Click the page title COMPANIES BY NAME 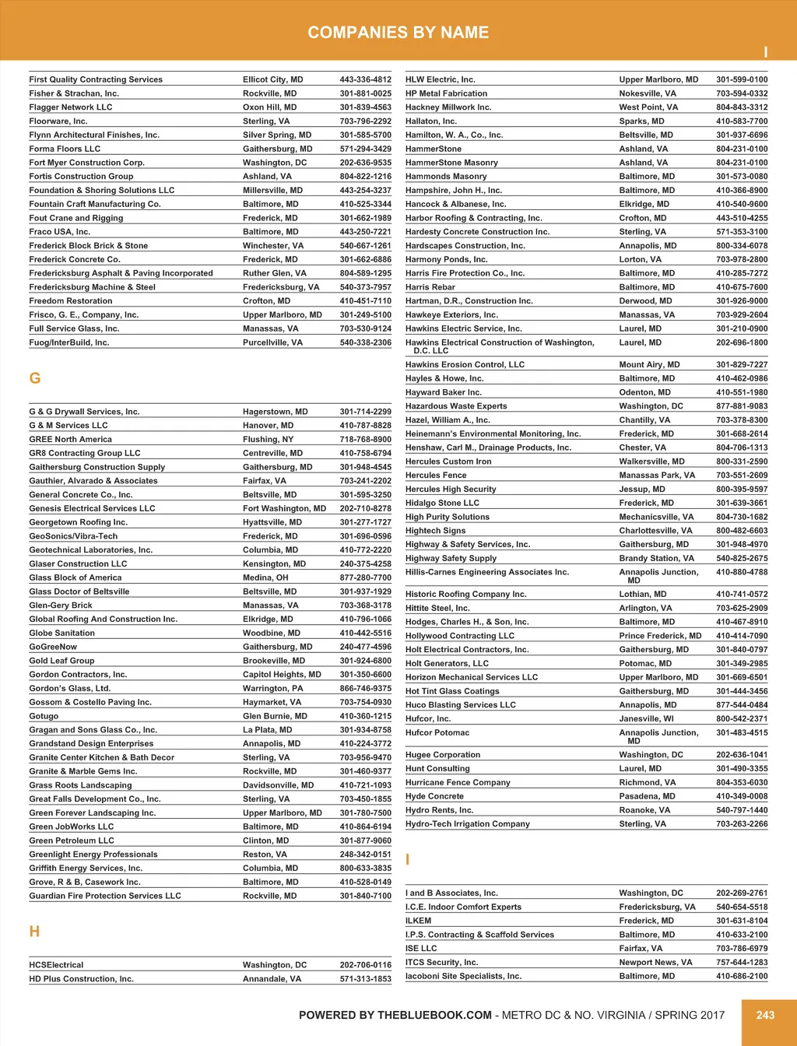398,33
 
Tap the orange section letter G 34,378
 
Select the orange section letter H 34,932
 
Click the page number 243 765,1015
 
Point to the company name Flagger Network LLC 71,107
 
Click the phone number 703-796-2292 365,121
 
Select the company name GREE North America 71,440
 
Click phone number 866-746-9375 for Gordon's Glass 365,689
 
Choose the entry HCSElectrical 56,965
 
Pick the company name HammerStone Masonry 451,163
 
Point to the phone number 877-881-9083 742,406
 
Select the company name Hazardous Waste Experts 456,406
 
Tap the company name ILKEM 419,921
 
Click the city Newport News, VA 655,963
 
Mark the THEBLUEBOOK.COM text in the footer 434,1015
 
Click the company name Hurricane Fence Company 458,783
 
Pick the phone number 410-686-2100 742,976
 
